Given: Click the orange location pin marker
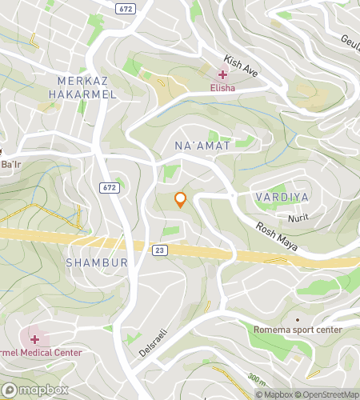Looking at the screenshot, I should pos(180,200).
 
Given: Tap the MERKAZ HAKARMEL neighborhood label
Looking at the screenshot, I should pos(86,87).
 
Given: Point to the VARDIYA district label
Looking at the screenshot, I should pos(282,196).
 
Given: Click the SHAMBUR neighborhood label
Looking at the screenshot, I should pos(97,262).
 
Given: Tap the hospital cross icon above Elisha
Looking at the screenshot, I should pos(222,74).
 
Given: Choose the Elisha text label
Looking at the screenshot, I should pos(222,89).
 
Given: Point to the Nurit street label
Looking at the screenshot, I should pos(297,217).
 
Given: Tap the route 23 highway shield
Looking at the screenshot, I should pos(160,250).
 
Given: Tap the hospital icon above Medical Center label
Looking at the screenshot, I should pos(34,339).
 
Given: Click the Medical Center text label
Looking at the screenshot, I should pos(32,353).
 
